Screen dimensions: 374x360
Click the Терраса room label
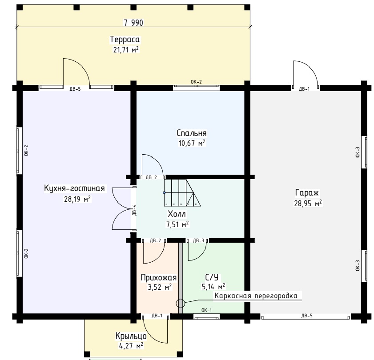[x=125, y=40]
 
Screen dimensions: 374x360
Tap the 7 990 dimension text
[x=133, y=23]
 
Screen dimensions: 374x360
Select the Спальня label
[x=192, y=133]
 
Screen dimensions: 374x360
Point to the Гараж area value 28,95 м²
[x=308, y=204]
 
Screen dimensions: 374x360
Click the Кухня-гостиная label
[x=74, y=188]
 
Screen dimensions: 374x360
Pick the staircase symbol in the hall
[x=182, y=193]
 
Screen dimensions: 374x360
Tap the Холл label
[x=177, y=214]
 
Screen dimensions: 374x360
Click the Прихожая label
[x=159, y=277]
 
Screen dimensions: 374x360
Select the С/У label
[x=212, y=277]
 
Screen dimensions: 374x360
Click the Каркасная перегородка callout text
[x=256, y=296]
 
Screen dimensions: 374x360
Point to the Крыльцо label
[x=131, y=336]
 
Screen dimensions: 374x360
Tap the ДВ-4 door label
[x=134, y=210]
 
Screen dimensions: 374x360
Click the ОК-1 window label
[x=206, y=310]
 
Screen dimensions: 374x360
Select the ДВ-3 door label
[x=199, y=240]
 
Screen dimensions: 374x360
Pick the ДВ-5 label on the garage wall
[x=307, y=316]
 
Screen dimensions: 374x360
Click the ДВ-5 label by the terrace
[x=75, y=89]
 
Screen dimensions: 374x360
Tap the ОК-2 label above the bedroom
[x=196, y=82]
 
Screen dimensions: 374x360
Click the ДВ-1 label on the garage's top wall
[x=304, y=89]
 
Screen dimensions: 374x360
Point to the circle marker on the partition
[x=181, y=303]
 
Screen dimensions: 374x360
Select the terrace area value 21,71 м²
[x=126, y=50]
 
